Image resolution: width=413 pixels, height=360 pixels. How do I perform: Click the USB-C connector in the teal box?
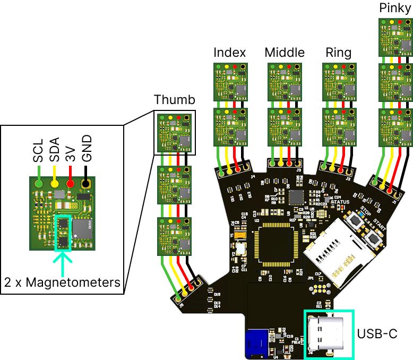coord(329,333)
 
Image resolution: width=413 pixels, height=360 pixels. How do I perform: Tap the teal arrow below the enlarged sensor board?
coord(63,263)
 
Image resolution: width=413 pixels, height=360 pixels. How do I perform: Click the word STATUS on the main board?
coord(340,202)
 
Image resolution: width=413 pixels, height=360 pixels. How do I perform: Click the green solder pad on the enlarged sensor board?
coord(39,183)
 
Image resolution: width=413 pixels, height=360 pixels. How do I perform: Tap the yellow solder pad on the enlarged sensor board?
coord(55,183)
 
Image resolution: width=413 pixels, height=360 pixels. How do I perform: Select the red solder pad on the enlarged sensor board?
coord(71,183)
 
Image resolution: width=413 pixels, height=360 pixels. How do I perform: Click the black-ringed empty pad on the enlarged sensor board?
coord(85,184)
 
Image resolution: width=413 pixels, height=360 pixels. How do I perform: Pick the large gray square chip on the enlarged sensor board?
coord(82,229)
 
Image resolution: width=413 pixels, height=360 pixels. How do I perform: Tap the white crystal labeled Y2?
coord(240,248)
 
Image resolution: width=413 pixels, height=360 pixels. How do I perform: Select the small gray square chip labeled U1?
coord(296,198)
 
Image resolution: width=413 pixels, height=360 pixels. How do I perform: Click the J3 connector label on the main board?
coord(299,170)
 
